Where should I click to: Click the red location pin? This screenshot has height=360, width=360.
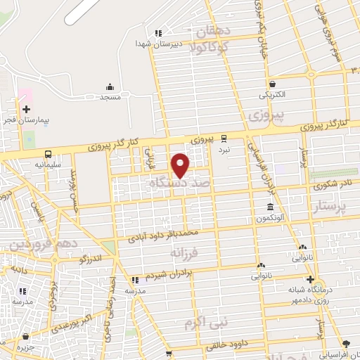point(181,165)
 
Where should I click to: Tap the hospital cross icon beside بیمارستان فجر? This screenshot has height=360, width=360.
point(26,109)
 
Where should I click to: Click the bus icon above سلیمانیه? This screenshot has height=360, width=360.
point(48,153)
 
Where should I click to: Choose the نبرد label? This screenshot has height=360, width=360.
point(224,150)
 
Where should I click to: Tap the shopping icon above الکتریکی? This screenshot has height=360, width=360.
point(271,83)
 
